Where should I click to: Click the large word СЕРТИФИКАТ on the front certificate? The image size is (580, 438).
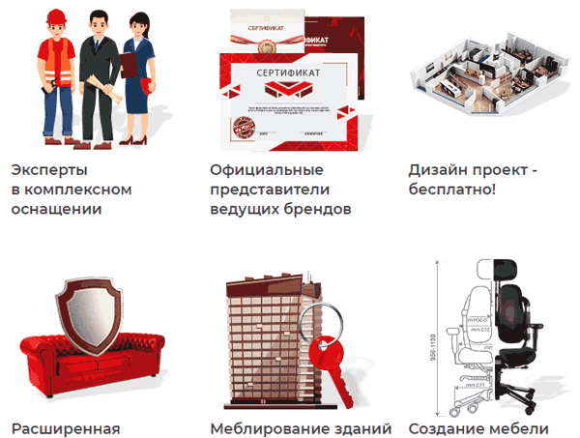tap(287, 73)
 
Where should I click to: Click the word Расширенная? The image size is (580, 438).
tap(65, 427)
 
